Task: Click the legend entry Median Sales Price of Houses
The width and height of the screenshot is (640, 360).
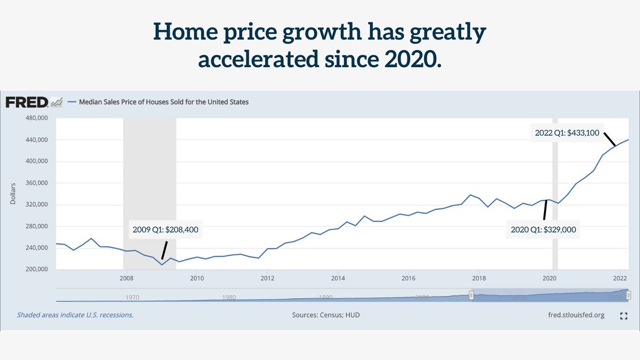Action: coord(163,101)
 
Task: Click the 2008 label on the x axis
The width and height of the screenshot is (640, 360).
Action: coord(126,278)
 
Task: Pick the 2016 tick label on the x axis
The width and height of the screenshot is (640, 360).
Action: coord(408,278)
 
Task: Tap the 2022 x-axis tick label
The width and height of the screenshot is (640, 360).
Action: coord(619,278)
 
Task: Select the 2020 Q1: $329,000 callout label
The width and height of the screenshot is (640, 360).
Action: coord(544,230)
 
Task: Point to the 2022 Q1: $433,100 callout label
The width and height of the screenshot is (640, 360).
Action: coord(568,133)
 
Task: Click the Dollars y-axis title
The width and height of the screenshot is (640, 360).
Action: coord(13,194)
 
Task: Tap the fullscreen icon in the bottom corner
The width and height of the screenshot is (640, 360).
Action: coord(623,316)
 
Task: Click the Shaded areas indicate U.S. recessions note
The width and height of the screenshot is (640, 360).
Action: coord(75,315)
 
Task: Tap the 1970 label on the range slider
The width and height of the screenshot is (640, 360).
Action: coord(132,298)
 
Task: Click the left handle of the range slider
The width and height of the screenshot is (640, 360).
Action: coord(471,295)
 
